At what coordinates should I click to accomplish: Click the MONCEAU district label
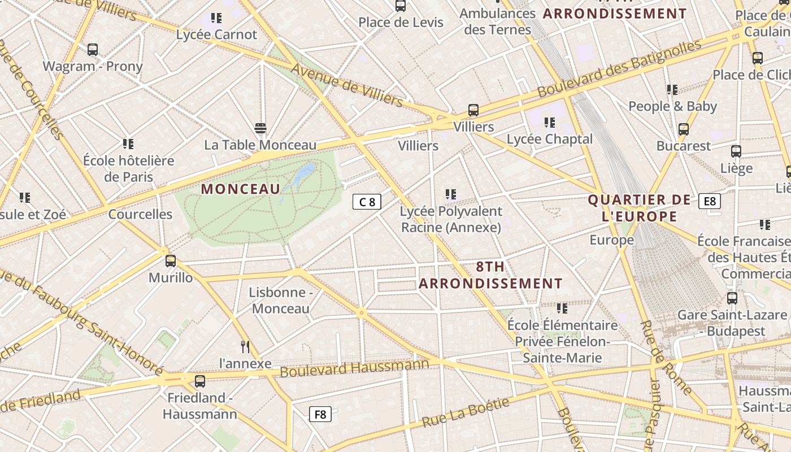click(241, 189)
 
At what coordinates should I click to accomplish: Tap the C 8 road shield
click(367, 202)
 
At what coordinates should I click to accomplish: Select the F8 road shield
click(320, 415)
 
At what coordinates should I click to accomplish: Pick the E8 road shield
click(710, 201)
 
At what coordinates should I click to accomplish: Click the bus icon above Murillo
click(171, 261)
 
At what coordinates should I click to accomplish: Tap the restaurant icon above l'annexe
click(245, 346)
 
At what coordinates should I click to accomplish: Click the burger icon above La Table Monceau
click(260, 128)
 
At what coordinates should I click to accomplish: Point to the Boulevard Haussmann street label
click(355, 368)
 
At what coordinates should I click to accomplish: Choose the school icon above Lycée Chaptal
click(550, 122)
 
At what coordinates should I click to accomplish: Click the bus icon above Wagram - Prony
click(93, 50)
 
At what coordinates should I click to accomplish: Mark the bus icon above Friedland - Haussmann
click(200, 381)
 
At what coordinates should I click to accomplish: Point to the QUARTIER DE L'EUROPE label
click(640, 208)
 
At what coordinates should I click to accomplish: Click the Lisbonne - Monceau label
click(281, 301)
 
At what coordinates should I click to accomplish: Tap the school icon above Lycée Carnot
click(216, 18)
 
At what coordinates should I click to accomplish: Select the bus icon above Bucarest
click(684, 129)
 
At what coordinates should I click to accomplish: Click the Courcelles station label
click(140, 214)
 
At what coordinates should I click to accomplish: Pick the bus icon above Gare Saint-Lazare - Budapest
click(732, 298)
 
